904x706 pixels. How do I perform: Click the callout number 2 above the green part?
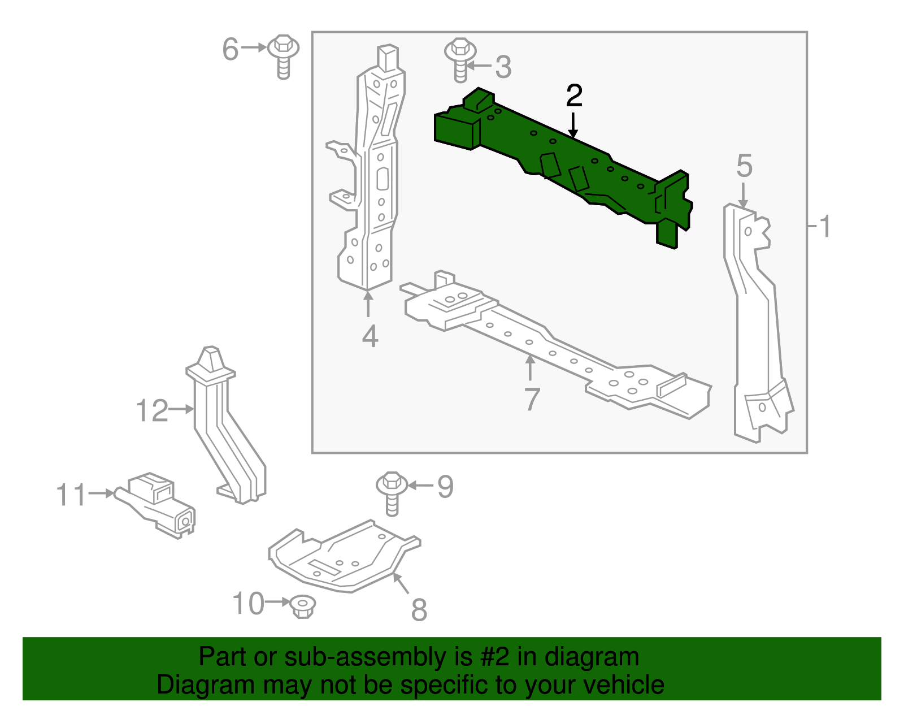point(574,96)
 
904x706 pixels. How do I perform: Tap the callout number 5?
point(744,166)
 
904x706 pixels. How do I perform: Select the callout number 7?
point(532,399)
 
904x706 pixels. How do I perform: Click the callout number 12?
point(153,410)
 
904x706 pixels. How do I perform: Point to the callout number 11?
point(71,495)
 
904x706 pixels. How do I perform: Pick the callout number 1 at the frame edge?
point(824,227)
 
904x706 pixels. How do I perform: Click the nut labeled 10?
point(302,606)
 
